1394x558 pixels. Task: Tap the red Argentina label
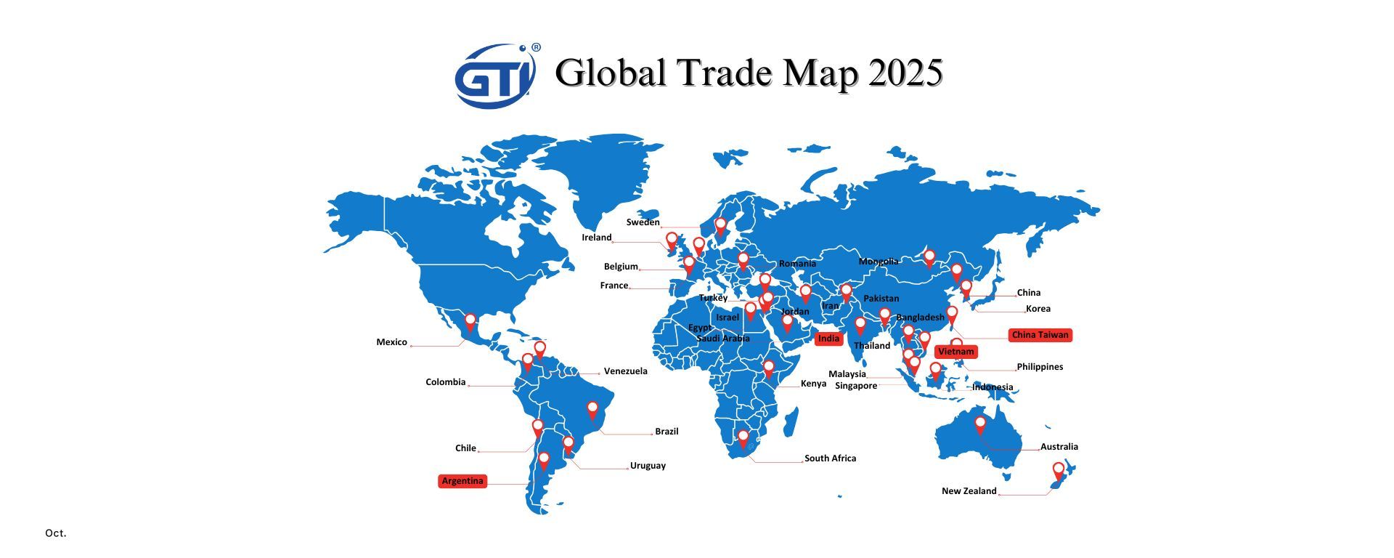pyautogui.click(x=462, y=481)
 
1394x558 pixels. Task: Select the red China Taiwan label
pyautogui.click(x=1040, y=335)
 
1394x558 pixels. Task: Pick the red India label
pyautogui.click(x=828, y=339)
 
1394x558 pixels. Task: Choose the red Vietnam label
pyautogui.click(x=955, y=352)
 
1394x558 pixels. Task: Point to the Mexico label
pyautogui.click(x=391, y=342)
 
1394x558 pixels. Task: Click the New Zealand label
pyautogui.click(x=969, y=491)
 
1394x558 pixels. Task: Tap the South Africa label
pyautogui.click(x=830, y=458)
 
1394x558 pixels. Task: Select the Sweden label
pyautogui.click(x=643, y=222)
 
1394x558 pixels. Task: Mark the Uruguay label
pyautogui.click(x=648, y=466)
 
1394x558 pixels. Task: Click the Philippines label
pyautogui.click(x=1040, y=367)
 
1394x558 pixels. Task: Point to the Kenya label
pyautogui.click(x=813, y=384)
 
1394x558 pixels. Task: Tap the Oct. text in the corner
pyautogui.click(x=56, y=533)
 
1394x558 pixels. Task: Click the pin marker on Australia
pyautogui.click(x=980, y=424)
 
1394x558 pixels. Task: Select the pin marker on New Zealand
pyautogui.click(x=1059, y=470)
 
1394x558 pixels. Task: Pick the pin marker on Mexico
pyautogui.click(x=470, y=320)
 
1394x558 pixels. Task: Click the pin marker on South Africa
pyautogui.click(x=743, y=437)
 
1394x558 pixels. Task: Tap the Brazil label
pyautogui.click(x=667, y=432)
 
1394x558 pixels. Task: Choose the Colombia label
pyautogui.click(x=445, y=382)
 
